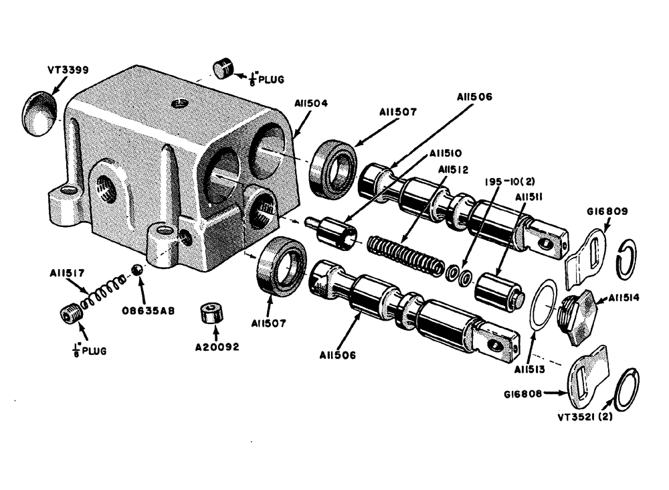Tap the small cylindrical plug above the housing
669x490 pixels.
click(222, 69)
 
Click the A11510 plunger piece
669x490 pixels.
click(331, 231)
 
